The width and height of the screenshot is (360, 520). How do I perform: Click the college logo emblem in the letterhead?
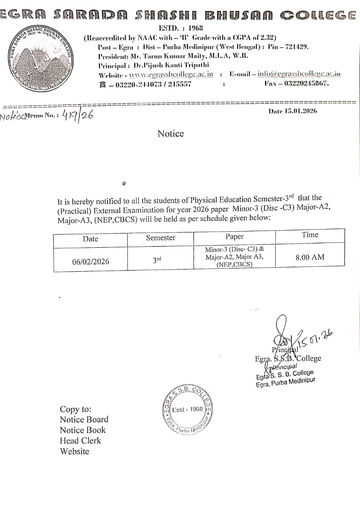click(x=40, y=58)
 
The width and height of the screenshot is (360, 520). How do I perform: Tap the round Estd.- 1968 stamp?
click(x=187, y=409)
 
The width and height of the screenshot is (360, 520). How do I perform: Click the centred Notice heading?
click(x=171, y=134)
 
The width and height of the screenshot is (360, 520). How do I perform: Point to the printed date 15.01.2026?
click(x=293, y=111)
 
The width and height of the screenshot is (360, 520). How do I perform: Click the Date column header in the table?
click(x=90, y=239)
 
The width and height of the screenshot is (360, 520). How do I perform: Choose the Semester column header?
click(x=160, y=238)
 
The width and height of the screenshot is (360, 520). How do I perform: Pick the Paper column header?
click(x=234, y=236)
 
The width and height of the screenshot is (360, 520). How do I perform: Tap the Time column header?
click(x=310, y=234)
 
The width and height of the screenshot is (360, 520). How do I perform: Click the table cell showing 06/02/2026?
click(x=91, y=262)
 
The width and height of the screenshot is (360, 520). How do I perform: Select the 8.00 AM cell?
click(x=310, y=257)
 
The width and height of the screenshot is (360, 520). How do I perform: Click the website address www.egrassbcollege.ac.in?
click(x=171, y=74)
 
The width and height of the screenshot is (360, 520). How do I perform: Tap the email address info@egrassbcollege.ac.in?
click(x=299, y=74)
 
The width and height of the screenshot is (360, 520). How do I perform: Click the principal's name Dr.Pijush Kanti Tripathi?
click(x=171, y=65)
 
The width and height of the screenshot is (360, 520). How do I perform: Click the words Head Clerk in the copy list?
click(x=80, y=440)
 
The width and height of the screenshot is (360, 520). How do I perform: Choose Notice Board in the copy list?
click(x=84, y=419)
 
